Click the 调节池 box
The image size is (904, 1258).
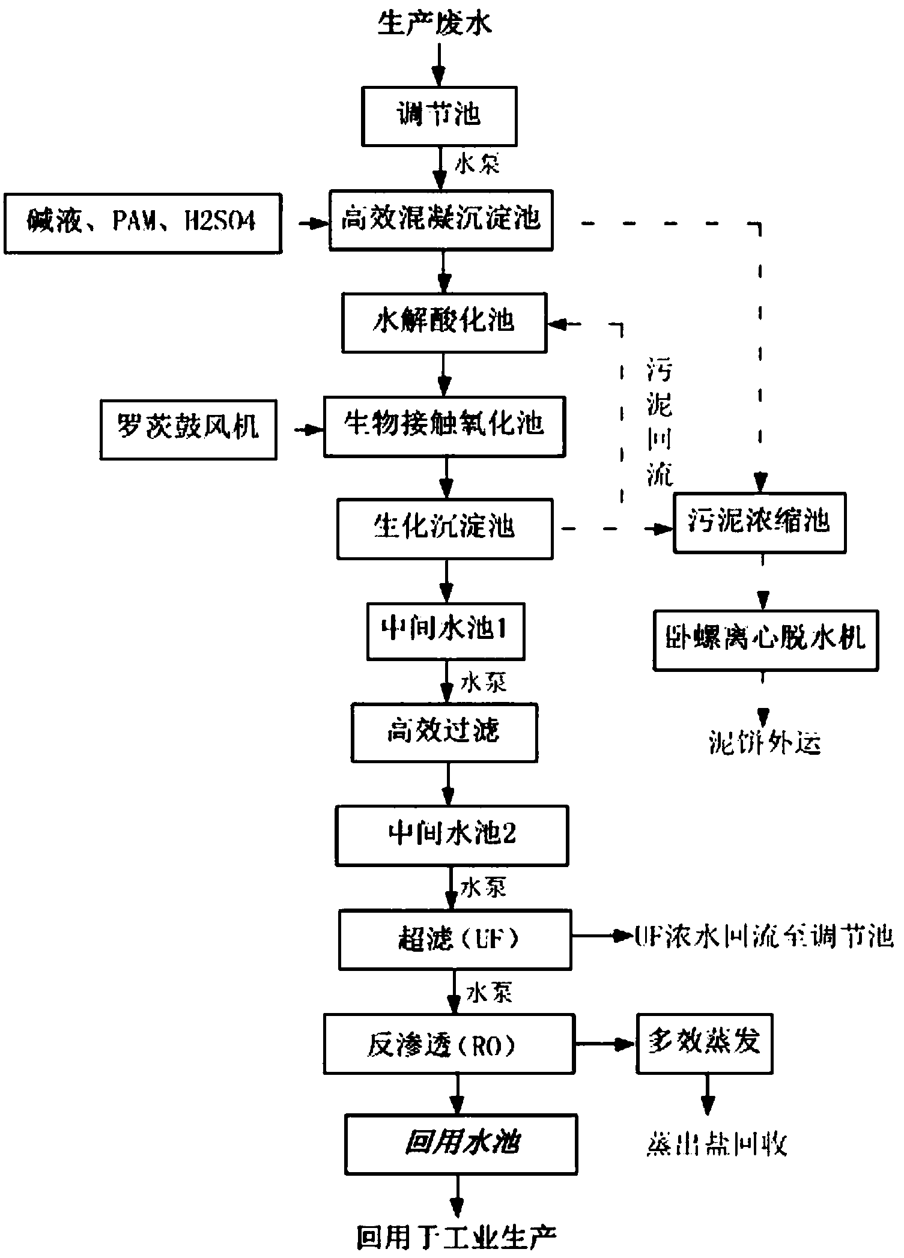pos(439,116)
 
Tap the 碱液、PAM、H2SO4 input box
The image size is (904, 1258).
pos(142,223)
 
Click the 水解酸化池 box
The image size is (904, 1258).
pos(444,323)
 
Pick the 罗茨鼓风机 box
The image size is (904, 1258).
pos(188,429)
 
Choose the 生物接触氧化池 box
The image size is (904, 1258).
pos(444,426)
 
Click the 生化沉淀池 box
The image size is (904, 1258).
pos(444,529)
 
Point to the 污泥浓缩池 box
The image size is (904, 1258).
pos(759,522)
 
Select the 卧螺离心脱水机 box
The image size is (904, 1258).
pos(765,640)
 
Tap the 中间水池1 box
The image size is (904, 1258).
pos(445,631)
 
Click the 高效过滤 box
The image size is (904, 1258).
pos(444,733)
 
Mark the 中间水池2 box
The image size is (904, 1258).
pos(452,835)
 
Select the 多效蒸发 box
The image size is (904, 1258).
pos(704,1044)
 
